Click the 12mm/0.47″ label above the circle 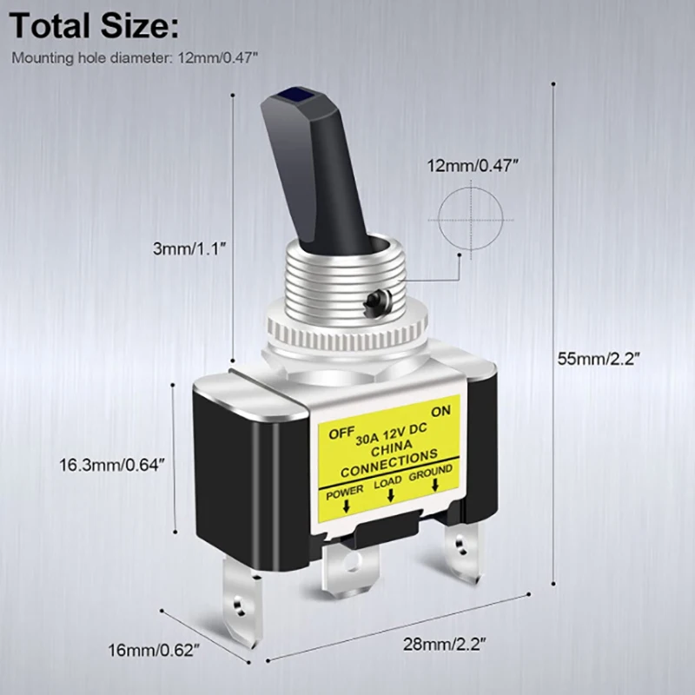tap(467, 165)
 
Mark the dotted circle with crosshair tap(468, 214)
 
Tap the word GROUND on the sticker tap(431, 472)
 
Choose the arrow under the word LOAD tap(390, 495)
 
